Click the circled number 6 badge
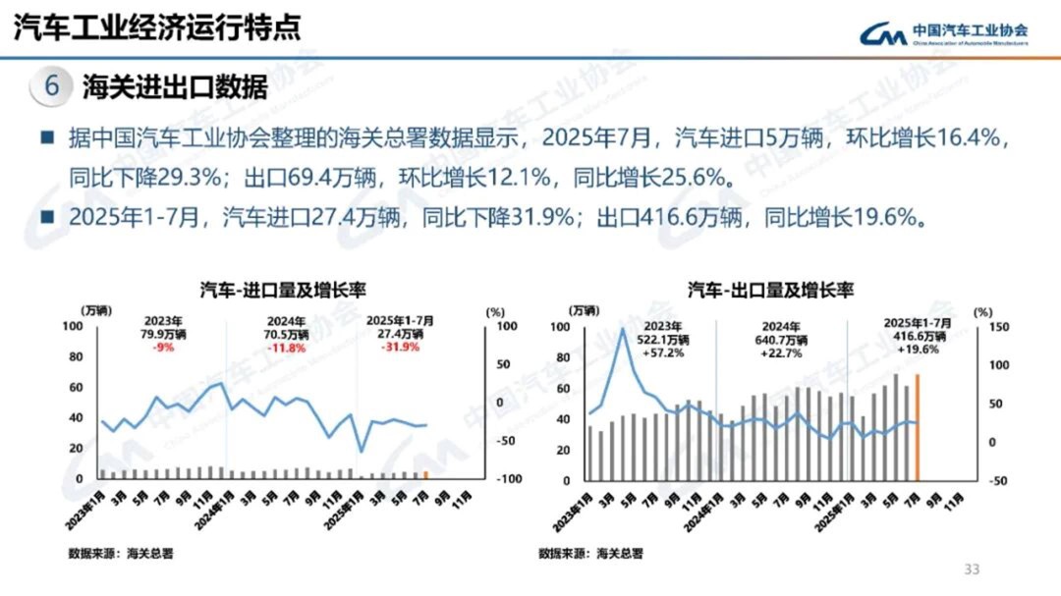click(x=52, y=86)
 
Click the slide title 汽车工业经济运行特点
click(x=157, y=27)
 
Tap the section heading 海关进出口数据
click(x=175, y=87)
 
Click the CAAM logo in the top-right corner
click(x=943, y=34)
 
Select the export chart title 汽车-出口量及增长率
click(x=770, y=290)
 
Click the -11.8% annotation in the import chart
click(x=288, y=347)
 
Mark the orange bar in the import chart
click(x=425, y=474)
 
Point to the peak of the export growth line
click(x=622, y=329)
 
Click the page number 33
click(x=973, y=569)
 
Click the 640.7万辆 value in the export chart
click(x=783, y=341)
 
